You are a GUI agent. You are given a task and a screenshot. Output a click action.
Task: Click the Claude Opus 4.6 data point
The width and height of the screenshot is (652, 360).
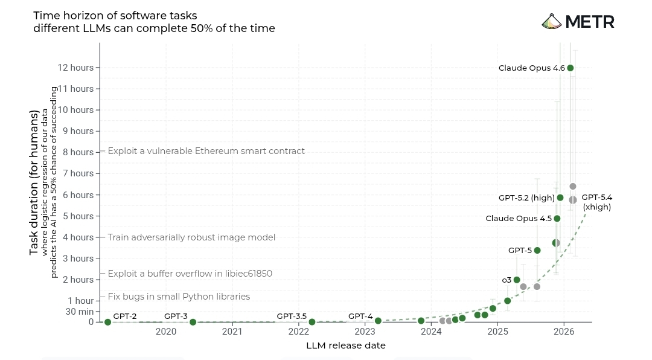coord(570,68)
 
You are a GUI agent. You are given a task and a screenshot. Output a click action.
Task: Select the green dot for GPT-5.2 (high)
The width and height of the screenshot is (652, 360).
coord(560,198)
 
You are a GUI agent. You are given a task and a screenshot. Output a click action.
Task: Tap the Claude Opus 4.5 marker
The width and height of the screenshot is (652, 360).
coord(557,219)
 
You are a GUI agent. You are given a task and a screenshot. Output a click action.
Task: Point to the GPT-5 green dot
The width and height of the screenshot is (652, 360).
coord(537,250)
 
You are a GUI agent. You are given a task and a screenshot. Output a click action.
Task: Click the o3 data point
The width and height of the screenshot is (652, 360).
coord(517,280)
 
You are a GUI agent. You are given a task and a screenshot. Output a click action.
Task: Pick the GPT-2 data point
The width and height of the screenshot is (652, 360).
coord(107,322)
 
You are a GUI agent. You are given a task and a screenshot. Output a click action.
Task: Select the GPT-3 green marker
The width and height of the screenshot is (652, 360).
coord(193,322)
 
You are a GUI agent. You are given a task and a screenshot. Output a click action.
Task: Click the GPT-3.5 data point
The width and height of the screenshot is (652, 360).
coord(312,322)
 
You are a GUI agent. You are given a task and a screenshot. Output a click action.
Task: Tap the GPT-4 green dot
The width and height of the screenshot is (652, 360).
coord(378,321)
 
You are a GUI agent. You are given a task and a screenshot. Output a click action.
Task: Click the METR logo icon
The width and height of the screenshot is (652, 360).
coord(552,22)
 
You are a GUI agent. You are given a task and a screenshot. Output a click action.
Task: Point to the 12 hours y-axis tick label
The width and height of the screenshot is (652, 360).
coord(75,68)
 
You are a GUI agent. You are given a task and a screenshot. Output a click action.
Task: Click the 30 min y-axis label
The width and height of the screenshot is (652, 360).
coord(80,312)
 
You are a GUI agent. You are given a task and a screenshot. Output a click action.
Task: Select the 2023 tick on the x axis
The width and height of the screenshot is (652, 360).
coord(365,332)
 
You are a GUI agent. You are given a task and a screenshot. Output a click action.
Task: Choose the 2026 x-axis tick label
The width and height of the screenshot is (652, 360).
coord(564,332)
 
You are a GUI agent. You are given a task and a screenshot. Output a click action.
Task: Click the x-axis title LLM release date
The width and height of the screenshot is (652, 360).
coord(346,346)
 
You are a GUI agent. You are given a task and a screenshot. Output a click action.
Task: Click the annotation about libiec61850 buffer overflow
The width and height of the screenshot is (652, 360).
coord(190,274)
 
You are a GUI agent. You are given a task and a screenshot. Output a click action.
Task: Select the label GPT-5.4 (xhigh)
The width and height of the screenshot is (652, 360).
coord(597,202)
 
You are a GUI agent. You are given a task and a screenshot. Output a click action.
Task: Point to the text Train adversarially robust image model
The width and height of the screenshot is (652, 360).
coord(191,237)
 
